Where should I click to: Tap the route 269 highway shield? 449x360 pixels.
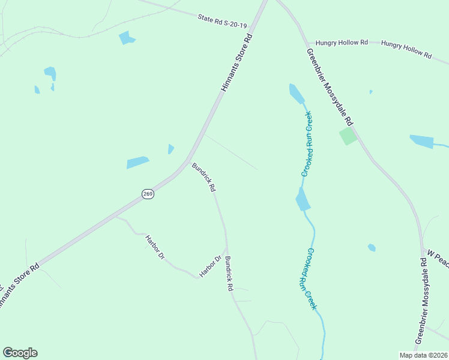[148, 193]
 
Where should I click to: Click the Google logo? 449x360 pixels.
[20, 353]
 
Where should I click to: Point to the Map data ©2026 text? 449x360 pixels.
[423, 355]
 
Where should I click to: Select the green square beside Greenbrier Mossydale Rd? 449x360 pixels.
[348, 136]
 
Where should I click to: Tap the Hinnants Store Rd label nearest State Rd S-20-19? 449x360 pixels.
[237, 62]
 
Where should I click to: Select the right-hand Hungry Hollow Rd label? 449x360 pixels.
[406, 50]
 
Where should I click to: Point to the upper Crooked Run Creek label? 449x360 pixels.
[307, 143]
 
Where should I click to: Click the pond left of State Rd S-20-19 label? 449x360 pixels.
[127, 38]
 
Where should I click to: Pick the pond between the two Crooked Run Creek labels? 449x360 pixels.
[303, 199]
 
